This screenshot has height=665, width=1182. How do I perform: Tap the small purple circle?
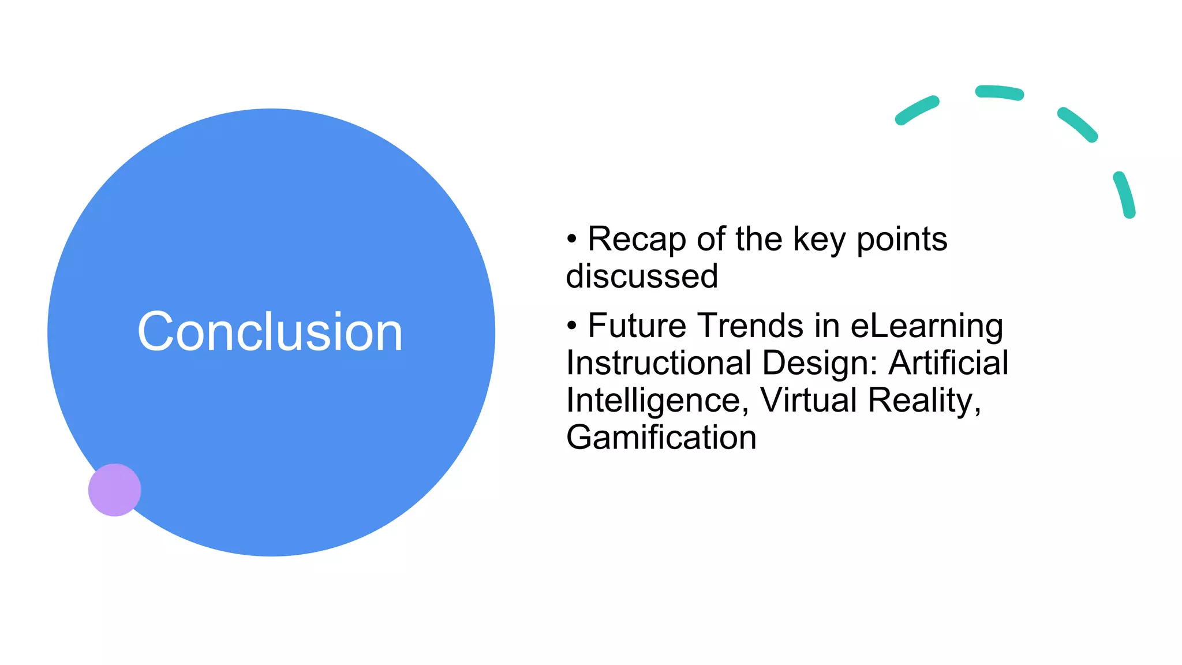click(x=114, y=490)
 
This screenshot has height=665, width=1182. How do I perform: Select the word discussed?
click(x=642, y=276)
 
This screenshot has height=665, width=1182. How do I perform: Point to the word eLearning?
click(x=926, y=326)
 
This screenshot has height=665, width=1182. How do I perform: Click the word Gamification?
click(x=661, y=437)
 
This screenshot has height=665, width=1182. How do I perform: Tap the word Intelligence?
click(x=653, y=400)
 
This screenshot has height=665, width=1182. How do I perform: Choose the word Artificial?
click(x=948, y=363)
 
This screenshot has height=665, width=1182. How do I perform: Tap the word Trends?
click(x=753, y=326)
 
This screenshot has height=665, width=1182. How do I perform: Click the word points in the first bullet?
click(x=902, y=240)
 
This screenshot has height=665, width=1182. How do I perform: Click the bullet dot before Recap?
click(x=571, y=239)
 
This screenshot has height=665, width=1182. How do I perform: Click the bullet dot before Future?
click(x=571, y=326)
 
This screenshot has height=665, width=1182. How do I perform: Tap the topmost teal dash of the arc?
click(x=999, y=92)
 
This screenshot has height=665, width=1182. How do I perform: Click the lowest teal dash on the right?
click(x=1124, y=195)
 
